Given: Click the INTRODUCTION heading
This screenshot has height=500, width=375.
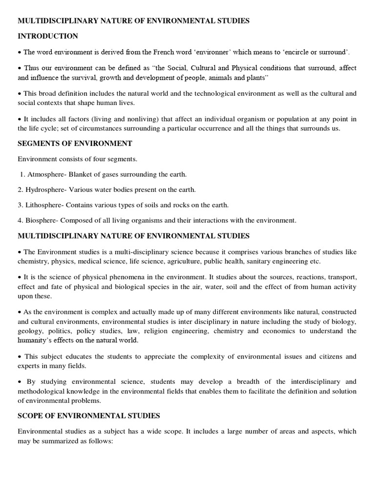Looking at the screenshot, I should pyautogui.click(x=48, y=36).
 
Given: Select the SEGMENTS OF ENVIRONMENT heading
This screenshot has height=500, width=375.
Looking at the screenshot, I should pyautogui.click(x=75, y=143).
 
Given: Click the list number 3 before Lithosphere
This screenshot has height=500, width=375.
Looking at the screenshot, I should pyautogui.click(x=20, y=205).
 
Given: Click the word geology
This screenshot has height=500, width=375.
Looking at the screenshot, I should pyautogui.click(x=30, y=331).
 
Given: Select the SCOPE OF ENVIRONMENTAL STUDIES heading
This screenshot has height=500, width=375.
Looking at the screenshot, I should pyautogui.click(x=89, y=416).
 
